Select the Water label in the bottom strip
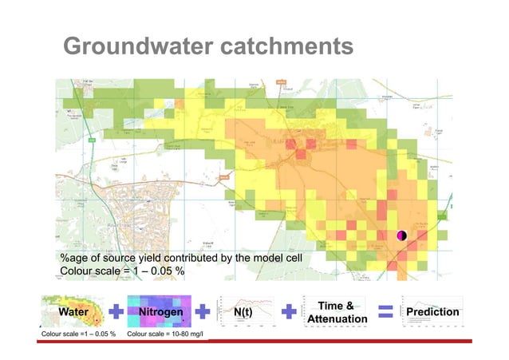pos(71,311)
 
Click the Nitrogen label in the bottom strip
pos(160,311)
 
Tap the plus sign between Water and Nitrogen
pos(116,311)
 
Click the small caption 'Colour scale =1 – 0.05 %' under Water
pos(79,333)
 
